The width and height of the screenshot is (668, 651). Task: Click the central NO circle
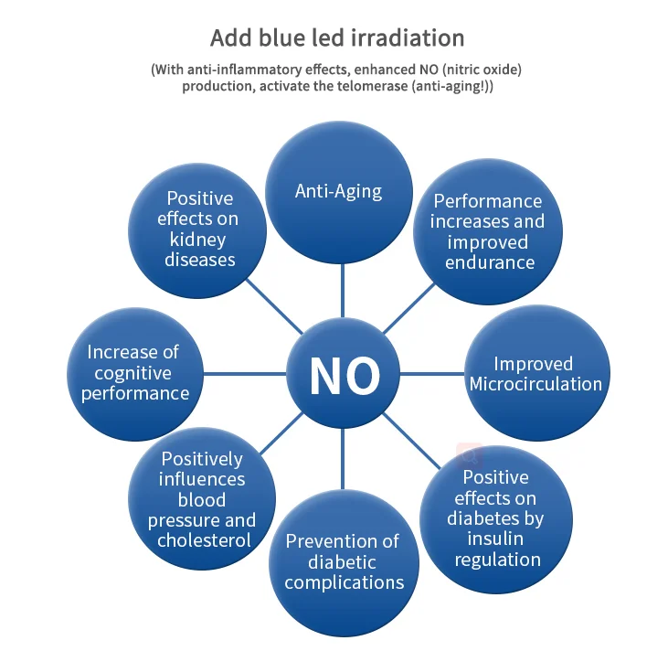[344, 374]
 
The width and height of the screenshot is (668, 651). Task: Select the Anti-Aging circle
[338, 191]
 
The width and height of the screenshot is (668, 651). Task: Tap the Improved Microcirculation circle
[535, 374]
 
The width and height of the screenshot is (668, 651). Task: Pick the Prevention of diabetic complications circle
[343, 561]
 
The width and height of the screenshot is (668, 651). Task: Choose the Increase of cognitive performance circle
[134, 372]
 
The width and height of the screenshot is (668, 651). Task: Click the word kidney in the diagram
[200, 240]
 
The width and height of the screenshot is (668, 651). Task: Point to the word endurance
[489, 262]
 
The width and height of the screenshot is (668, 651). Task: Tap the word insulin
[495, 539]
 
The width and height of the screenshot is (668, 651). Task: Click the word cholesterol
[203, 540]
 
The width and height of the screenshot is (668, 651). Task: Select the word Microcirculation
[535, 385]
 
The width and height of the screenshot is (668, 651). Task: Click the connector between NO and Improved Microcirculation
[433, 373]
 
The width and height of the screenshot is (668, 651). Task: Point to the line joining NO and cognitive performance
[245, 373]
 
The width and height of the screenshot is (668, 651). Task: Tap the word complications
[344, 582]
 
